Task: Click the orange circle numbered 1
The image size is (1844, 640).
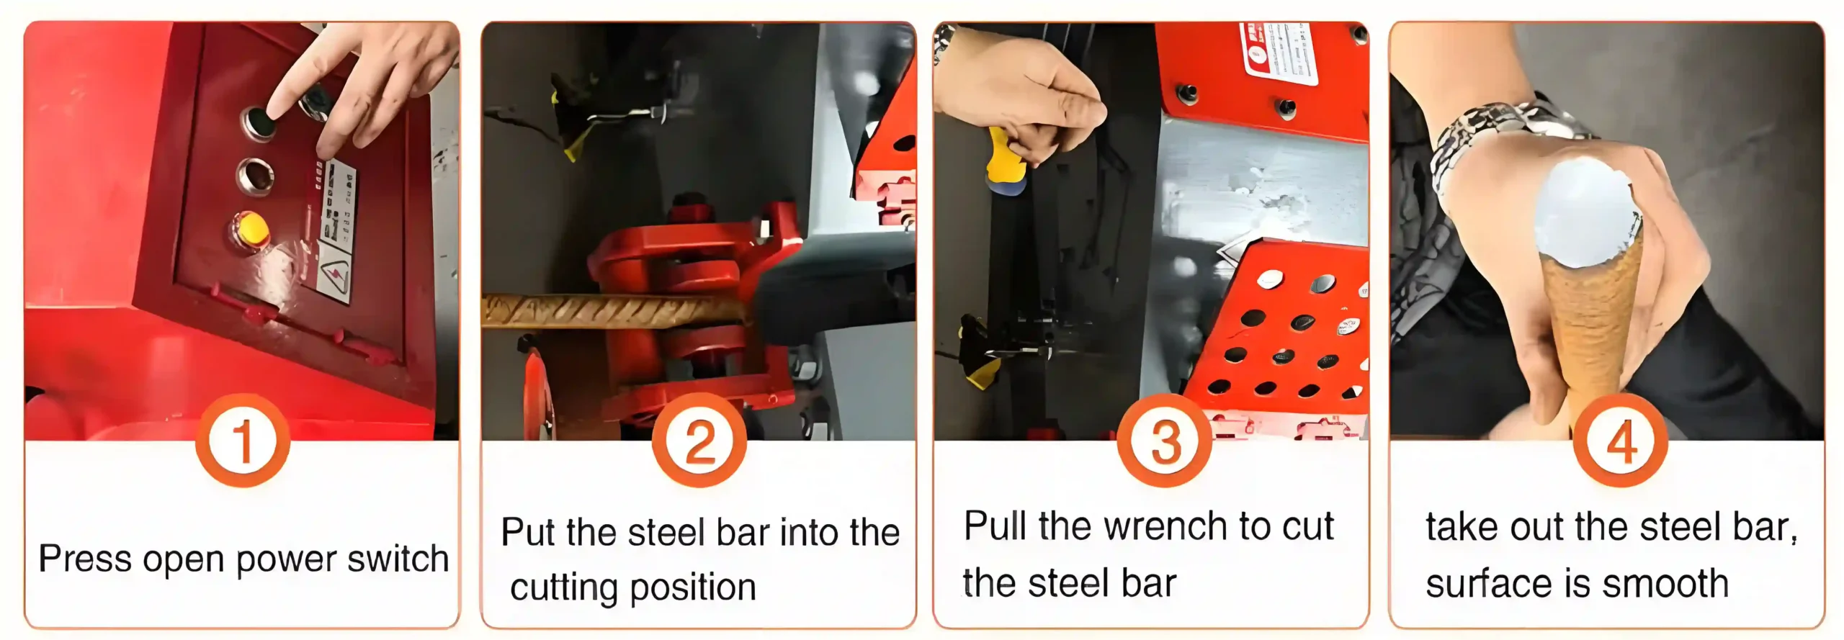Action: [x=243, y=441]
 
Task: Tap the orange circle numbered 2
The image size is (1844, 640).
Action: [x=699, y=441]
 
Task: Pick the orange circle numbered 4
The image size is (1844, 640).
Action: [x=1620, y=441]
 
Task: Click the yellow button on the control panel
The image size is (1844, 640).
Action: [x=252, y=230]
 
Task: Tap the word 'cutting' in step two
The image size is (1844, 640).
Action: [x=568, y=587]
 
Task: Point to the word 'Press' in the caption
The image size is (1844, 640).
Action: [x=85, y=559]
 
